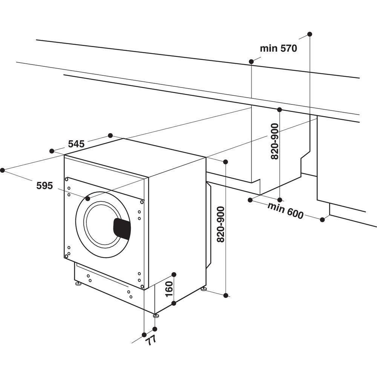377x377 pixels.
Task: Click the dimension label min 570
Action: [x=278, y=48]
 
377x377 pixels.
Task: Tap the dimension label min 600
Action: [x=285, y=211]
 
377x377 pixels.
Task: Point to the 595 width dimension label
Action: [x=44, y=185]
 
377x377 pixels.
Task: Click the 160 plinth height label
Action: [x=169, y=289]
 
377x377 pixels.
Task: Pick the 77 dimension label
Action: [x=150, y=340]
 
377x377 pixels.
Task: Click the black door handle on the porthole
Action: [x=122, y=228]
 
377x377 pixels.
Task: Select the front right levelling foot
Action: [x=156, y=315]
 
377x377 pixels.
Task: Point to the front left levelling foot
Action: [x=78, y=283]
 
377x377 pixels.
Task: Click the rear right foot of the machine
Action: [x=204, y=289]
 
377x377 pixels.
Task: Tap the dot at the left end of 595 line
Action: [x=2, y=170]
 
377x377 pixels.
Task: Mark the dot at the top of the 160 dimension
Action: [x=174, y=274]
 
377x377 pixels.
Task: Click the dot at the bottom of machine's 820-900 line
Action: [x=226, y=296]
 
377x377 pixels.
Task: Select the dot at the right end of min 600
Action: [x=322, y=219]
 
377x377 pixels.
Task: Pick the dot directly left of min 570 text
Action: [x=251, y=61]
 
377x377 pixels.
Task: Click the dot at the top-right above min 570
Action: [x=310, y=34]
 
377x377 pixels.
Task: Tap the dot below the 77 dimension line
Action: [x=144, y=334]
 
